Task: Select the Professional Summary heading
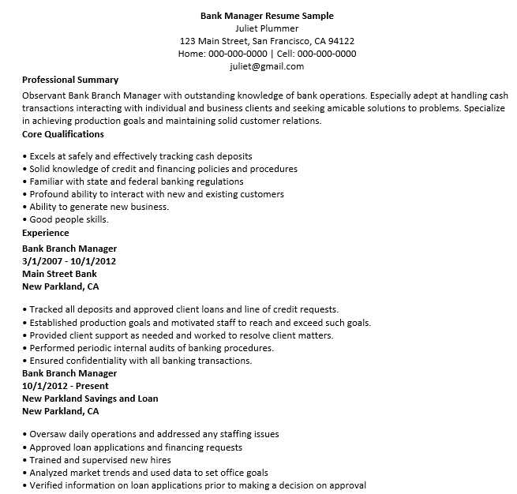point(70,80)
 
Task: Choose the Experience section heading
point(45,233)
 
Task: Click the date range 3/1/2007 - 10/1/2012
point(69,261)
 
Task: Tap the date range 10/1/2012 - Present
point(65,386)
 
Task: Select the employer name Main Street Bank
point(59,274)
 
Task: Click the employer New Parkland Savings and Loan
point(90,399)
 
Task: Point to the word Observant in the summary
point(46,93)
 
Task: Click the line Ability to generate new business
point(98,207)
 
